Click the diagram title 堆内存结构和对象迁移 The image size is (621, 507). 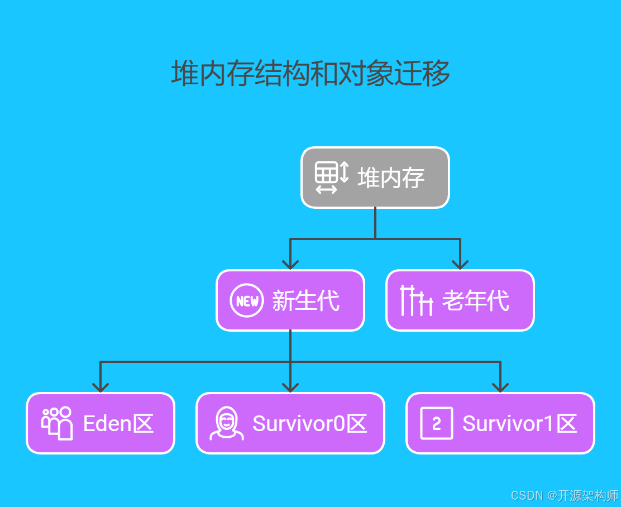pyautogui.click(x=310, y=74)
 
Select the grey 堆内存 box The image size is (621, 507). pyautogui.click(x=375, y=178)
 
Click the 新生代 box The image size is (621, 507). pyautogui.click(x=290, y=300)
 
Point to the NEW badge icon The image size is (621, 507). pyautogui.click(x=247, y=301)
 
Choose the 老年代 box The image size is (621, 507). pyautogui.click(x=460, y=300)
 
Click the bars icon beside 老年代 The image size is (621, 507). pyautogui.click(x=416, y=300)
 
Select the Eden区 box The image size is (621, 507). pyautogui.click(x=101, y=423)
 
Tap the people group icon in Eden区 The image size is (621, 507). pyautogui.click(x=57, y=423)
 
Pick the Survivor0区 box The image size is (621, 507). pyautogui.click(x=290, y=423)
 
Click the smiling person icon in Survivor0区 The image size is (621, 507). pyautogui.click(x=226, y=423)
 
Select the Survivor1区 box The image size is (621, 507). pyautogui.click(x=500, y=423)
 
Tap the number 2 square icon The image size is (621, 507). pyautogui.click(x=436, y=423)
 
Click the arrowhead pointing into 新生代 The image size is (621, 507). pyautogui.click(x=290, y=264)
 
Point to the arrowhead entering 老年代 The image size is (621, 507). pyautogui.click(x=460, y=264)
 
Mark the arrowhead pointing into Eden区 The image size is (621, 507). pyautogui.click(x=101, y=386)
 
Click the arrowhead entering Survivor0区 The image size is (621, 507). pyautogui.click(x=290, y=386)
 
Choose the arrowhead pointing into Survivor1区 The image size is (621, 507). pyautogui.click(x=500, y=386)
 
